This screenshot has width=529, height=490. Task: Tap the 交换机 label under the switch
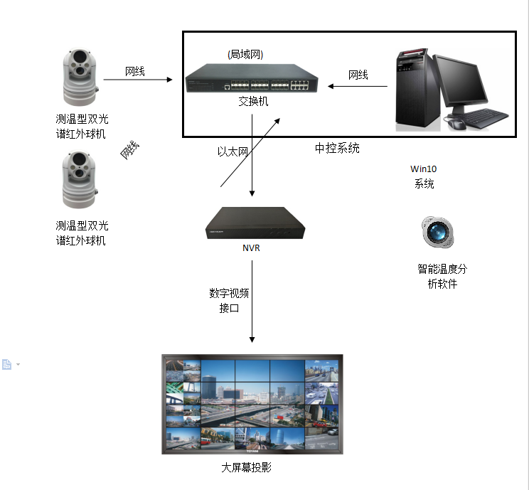tap(253, 102)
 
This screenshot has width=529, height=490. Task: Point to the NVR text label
tap(252, 248)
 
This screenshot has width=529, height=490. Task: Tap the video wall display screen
tap(252, 404)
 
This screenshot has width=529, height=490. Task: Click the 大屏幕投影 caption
tap(246, 468)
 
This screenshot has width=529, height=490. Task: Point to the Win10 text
tap(424, 169)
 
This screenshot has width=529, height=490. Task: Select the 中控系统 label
tap(337, 149)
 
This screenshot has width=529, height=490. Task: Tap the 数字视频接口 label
tap(229, 301)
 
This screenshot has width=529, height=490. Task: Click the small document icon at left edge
tap(7, 365)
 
